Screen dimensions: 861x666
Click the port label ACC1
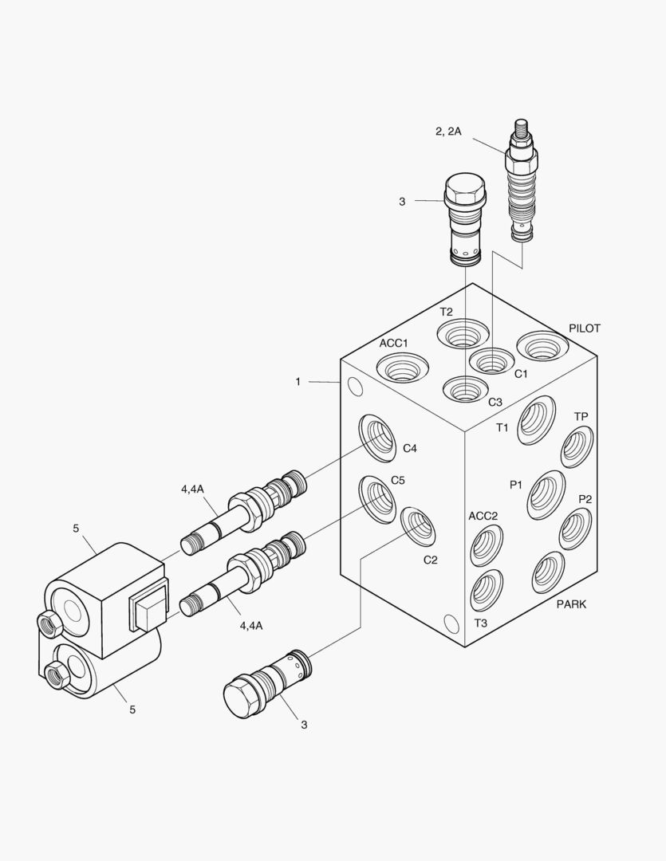(393, 344)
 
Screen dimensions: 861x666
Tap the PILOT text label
(585, 328)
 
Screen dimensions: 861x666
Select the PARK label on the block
(571, 604)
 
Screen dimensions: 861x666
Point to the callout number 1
(298, 382)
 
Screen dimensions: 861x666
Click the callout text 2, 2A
(448, 132)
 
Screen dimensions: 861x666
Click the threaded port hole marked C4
(378, 438)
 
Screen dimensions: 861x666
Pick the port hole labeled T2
(463, 335)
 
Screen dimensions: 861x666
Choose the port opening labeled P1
(546, 494)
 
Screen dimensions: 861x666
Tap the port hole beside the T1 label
(536, 419)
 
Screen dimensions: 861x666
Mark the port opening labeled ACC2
(487, 545)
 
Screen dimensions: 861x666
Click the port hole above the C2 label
(417, 527)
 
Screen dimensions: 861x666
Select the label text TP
(581, 417)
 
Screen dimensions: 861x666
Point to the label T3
(481, 623)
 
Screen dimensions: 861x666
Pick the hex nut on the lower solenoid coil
(57, 675)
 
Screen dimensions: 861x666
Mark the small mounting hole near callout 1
(355, 387)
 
